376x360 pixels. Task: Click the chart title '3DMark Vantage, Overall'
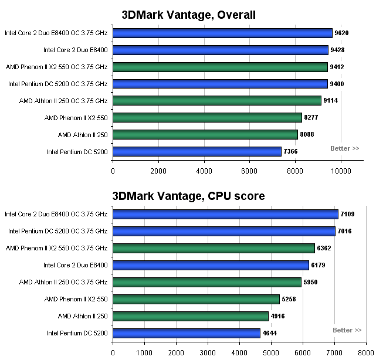(x=188, y=15)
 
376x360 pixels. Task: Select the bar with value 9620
(x=222, y=33)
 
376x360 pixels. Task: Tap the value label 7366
(x=292, y=152)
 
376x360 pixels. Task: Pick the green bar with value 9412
(x=220, y=67)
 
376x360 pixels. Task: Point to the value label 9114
(x=331, y=101)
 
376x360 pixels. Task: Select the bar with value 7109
(x=225, y=214)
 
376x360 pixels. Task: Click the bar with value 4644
(x=186, y=333)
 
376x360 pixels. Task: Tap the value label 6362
(x=324, y=248)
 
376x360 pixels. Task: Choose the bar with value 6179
(x=211, y=265)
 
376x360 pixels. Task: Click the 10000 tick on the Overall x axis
(x=341, y=171)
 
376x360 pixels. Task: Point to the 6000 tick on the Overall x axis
(x=250, y=171)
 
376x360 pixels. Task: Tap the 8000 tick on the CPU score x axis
(x=366, y=353)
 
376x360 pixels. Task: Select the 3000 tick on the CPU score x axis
(x=208, y=353)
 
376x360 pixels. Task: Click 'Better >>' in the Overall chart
(x=345, y=148)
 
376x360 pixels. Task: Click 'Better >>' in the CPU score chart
(x=347, y=330)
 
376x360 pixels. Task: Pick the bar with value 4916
(x=190, y=316)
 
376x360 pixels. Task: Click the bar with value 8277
(x=207, y=118)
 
